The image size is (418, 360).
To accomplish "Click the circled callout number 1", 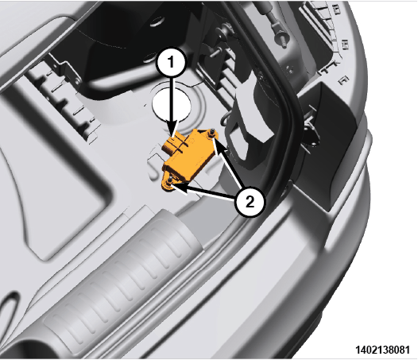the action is [x=171, y=63].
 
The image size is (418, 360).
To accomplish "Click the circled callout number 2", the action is [x=250, y=202].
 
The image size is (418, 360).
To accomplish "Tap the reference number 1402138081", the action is [x=382, y=350].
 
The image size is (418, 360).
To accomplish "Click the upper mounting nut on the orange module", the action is [x=212, y=134].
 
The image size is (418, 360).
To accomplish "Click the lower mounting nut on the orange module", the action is [x=169, y=183].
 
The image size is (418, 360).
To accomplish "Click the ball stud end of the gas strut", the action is [x=281, y=39].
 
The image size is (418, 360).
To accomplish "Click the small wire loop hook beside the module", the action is [x=225, y=118].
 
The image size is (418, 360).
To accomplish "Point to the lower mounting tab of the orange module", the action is [x=168, y=184].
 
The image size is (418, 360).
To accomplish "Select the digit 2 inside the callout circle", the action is [x=250, y=202].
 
